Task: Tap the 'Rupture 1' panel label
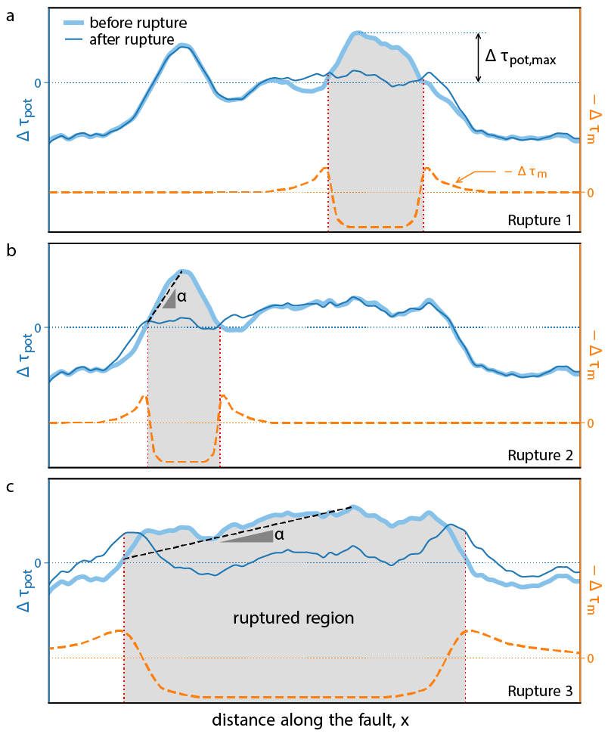coord(540,221)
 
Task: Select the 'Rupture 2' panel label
coord(540,457)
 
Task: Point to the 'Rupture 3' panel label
coord(540,692)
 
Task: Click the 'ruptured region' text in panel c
coord(293,618)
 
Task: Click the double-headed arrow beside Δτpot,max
coord(478,57)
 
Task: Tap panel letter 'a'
coord(10,16)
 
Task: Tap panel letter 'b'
coord(10,252)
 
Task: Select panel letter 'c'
coord(10,487)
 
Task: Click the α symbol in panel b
coord(181,297)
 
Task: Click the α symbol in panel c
coord(279,535)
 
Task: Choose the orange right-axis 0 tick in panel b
coord(588,423)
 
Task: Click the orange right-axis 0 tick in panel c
coord(588,658)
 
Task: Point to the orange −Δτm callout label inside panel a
coord(526,173)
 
